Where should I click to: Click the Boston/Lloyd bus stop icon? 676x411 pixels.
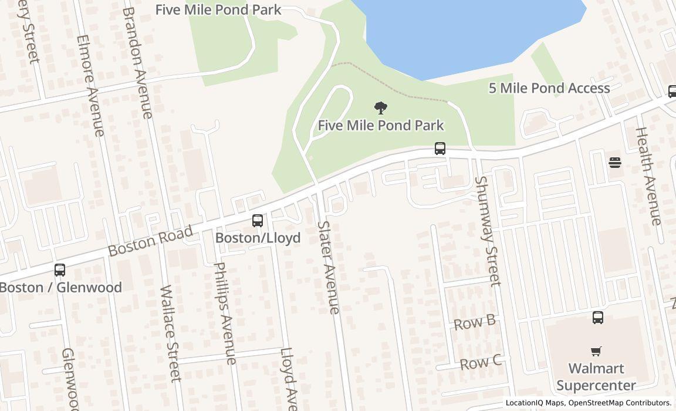(x=257, y=221)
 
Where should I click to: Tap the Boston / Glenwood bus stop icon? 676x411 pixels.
(x=59, y=270)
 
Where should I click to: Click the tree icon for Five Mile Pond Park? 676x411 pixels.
(x=381, y=108)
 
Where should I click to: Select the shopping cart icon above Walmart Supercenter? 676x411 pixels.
(x=596, y=351)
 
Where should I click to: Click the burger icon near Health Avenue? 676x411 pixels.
(x=614, y=162)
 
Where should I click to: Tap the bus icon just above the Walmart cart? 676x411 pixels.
(x=597, y=318)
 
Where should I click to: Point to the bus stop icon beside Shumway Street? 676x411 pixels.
(x=440, y=149)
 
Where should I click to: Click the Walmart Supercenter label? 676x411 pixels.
(x=596, y=377)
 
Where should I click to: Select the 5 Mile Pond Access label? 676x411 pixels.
(x=549, y=88)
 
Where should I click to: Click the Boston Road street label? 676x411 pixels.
(x=150, y=241)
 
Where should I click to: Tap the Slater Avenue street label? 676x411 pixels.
(x=328, y=267)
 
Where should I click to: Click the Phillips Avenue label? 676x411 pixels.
(x=225, y=313)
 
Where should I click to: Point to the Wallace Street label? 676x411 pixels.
(x=170, y=333)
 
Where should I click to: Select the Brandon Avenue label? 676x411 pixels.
(x=137, y=62)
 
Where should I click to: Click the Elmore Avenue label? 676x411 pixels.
(x=90, y=85)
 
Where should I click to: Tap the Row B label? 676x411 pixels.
(x=475, y=322)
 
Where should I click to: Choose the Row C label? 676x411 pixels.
(x=480, y=362)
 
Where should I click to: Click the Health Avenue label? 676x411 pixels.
(x=648, y=176)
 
